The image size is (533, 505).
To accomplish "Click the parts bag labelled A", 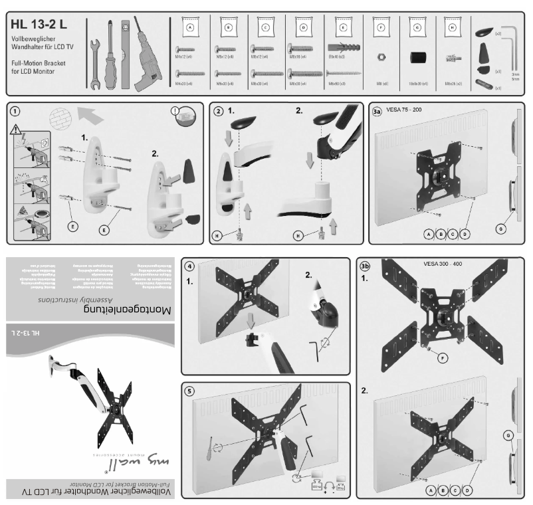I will point(190,29).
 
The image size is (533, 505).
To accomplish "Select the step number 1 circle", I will point(15,112).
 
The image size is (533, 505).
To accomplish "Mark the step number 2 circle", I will point(218,112).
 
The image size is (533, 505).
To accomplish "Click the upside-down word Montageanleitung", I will point(126,309).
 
